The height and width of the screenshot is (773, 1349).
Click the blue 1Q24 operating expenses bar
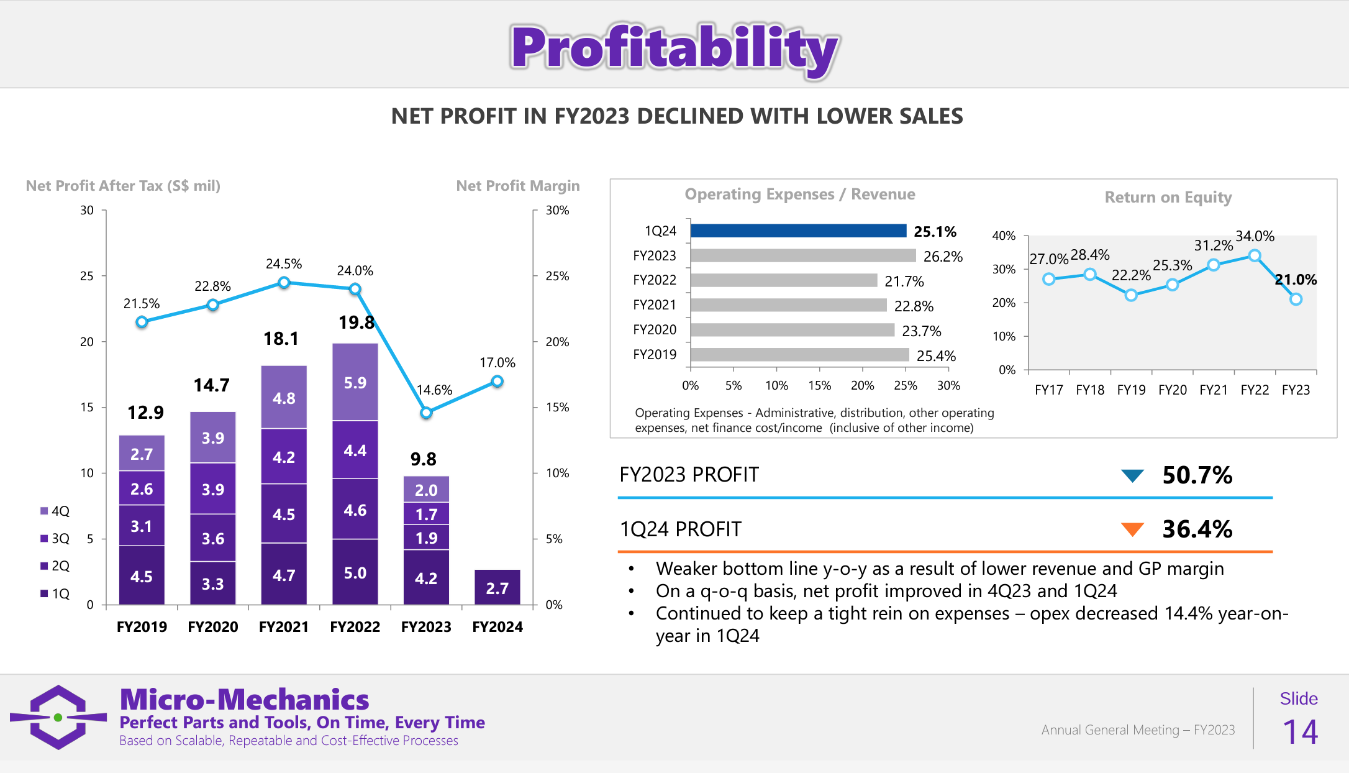798,231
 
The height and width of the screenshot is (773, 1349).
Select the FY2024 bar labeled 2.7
497,587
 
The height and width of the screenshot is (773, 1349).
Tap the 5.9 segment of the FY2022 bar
355,382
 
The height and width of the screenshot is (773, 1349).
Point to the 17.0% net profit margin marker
497,382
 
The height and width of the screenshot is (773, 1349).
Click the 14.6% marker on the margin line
426,413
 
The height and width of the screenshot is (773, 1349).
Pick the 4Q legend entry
55,511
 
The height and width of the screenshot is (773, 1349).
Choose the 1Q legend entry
55,593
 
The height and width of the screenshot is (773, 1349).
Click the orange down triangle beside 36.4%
1132,529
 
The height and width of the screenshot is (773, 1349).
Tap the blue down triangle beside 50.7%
1132,475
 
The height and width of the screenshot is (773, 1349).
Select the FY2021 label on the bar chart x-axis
284,626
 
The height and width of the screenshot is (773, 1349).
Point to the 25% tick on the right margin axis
557,276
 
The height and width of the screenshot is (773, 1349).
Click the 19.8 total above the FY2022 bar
357,322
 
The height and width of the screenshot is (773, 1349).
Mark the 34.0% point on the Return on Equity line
1255,255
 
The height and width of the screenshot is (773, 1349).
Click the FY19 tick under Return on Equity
1131,390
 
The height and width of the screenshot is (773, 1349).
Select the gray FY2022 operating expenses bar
784,280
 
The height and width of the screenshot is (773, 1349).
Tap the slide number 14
1300,732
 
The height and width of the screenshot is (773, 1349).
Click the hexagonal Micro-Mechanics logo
58,717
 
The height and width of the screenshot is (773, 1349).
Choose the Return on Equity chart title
1168,197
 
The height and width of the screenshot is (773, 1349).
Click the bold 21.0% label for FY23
1296,280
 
